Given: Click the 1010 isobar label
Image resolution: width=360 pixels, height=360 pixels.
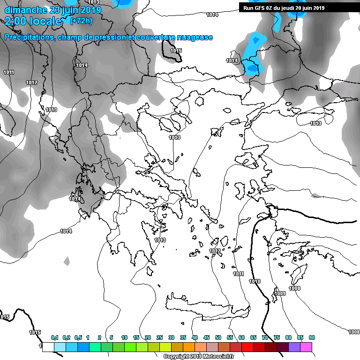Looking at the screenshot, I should coord(255,281).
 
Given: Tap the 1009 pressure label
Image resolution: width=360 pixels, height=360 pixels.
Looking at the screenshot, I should coord(280,293).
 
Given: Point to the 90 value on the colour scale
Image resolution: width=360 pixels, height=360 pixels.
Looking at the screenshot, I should coord(312,337).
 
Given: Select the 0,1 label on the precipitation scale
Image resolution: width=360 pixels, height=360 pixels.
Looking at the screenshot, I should coord(54,337).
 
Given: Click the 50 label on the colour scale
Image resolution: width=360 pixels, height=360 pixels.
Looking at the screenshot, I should coord(218,337).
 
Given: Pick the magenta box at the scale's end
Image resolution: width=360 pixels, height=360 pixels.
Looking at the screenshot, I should coord(306,347).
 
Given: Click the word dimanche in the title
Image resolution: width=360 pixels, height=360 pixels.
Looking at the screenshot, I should coord(25,10).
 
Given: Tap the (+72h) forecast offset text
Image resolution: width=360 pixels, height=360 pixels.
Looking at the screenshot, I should coord(81,21).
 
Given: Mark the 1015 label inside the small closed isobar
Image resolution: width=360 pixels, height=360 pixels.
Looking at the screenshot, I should coord(176,51).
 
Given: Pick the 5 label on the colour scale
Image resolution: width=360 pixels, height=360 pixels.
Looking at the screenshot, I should coord(111,337).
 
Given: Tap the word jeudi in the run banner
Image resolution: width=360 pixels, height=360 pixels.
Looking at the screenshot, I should coord(288,8).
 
